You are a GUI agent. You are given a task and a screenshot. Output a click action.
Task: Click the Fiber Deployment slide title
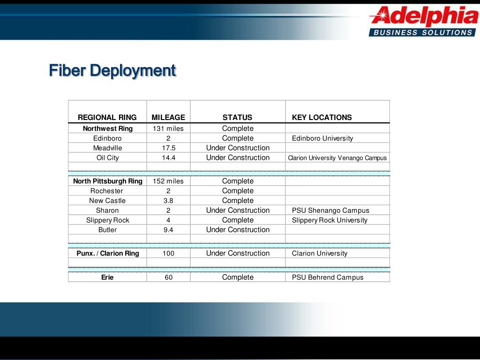pos(112,71)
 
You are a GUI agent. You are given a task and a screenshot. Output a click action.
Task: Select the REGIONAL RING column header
pos(107,118)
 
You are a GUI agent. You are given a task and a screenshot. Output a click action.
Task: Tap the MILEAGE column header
pos(168,118)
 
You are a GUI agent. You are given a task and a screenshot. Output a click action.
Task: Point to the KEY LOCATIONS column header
pos(322,118)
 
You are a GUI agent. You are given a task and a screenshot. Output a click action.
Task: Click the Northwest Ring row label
pos(108,128)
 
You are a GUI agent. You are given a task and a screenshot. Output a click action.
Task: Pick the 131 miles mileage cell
pos(168,128)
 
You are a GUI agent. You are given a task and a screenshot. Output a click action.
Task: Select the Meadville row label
pos(107,148)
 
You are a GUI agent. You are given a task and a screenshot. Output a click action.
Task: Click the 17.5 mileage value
pos(168,148)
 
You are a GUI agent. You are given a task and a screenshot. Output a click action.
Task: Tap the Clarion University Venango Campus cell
pos(337,158)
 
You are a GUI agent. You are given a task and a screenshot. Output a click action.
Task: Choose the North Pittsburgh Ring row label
pos(108,181)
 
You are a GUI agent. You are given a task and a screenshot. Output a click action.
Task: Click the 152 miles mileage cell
pos(168,181)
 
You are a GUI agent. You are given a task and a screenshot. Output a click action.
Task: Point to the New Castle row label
pos(107,201)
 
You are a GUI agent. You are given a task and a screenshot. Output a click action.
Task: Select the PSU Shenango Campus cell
pos(330,210)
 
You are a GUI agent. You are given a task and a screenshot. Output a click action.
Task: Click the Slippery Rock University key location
pos(330,220)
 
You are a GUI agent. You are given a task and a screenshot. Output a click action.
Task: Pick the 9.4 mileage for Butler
pos(168,230)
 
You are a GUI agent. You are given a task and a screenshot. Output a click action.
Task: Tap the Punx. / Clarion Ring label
pos(108,254)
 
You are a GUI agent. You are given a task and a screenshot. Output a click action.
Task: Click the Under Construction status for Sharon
pos(238,210)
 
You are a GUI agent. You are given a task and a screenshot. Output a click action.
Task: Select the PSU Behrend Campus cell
pos(328,277)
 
